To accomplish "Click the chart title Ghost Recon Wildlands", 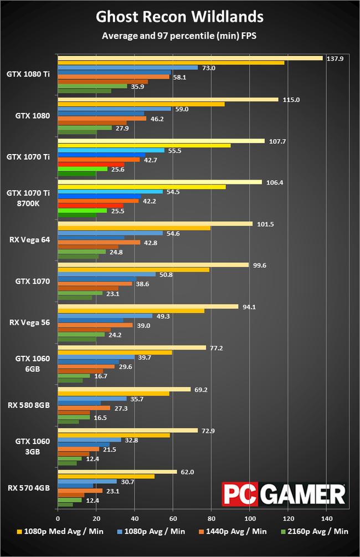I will (x=179, y=17).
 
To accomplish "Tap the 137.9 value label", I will (x=336, y=58).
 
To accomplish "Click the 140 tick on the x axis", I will (x=326, y=518).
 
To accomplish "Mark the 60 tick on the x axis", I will (x=173, y=518).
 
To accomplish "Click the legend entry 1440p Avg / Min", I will (x=233, y=531).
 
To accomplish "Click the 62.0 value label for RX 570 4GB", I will (x=188, y=472).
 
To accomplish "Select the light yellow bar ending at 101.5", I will (x=155, y=224).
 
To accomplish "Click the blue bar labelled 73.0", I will (x=127, y=68).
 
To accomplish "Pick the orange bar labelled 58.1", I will (x=114, y=77).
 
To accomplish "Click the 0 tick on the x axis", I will (x=58, y=518).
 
